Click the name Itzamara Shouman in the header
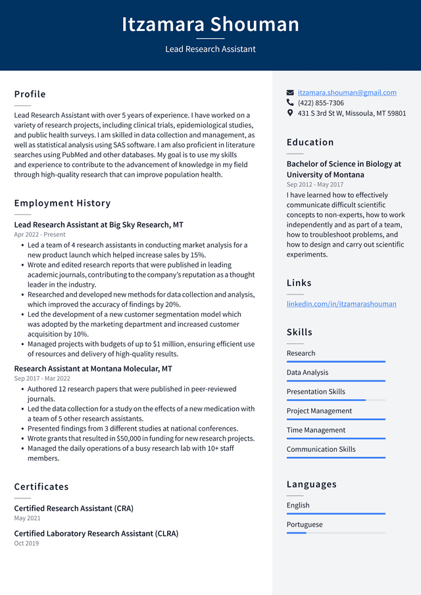click(210, 24)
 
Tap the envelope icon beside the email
click(290, 93)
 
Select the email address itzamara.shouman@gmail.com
click(347, 93)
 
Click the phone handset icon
click(290, 103)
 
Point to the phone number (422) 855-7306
click(320, 103)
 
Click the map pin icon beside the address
click(290, 113)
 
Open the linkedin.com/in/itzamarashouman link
click(341, 304)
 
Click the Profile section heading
click(30, 94)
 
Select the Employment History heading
click(62, 203)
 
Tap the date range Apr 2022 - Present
click(39, 234)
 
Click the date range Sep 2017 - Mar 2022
click(42, 378)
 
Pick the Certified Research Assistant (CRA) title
click(74, 508)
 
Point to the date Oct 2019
click(26, 543)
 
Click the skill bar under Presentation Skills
click(335, 400)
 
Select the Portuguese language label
click(305, 525)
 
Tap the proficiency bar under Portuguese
click(335, 533)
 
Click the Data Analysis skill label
click(307, 372)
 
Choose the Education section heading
click(310, 142)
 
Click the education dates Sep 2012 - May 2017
click(314, 185)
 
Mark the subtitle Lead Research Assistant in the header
click(210, 49)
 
